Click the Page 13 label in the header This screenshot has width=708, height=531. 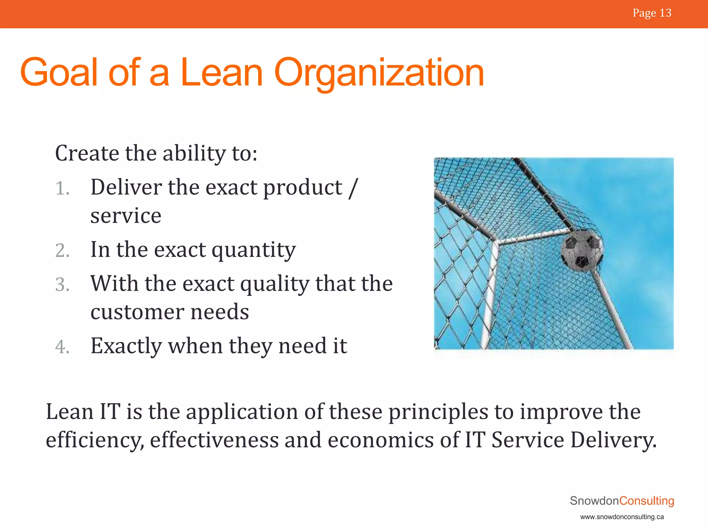click(x=652, y=13)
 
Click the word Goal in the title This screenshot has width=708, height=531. click(x=59, y=73)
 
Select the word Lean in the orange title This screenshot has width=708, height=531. click(x=221, y=73)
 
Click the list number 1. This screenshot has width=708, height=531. click(x=62, y=189)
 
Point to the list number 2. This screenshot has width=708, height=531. click(x=62, y=251)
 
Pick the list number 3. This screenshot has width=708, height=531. click(x=62, y=285)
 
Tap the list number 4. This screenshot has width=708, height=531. click(x=62, y=347)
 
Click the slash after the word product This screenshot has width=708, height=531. click(x=353, y=188)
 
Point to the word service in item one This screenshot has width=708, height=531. click(x=126, y=216)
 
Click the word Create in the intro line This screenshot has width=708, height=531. click(x=87, y=153)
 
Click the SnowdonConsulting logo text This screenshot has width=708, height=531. click(x=622, y=501)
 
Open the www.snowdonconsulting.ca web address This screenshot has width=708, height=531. click(x=622, y=517)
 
